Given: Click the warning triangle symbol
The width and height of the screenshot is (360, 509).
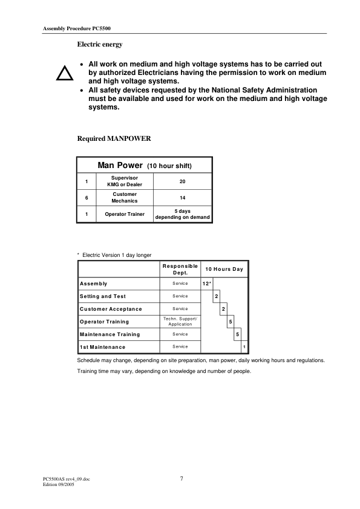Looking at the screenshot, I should (64, 73).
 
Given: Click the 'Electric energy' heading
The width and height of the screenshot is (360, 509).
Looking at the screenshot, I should (100, 44).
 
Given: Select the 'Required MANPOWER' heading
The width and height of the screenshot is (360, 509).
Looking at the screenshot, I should (114, 138).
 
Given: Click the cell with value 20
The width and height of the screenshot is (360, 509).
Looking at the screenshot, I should (182, 181).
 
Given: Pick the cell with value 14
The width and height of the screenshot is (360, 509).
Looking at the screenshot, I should (182, 198).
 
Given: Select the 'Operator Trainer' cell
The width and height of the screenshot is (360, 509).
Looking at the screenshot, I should (125, 214).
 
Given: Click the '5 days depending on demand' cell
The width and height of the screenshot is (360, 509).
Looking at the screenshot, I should (182, 214).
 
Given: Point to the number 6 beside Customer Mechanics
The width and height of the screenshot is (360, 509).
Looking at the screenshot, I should (87, 198).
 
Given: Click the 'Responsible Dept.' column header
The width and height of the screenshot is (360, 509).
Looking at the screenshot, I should (180, 269).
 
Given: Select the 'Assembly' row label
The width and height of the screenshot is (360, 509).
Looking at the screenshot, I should (94, 284).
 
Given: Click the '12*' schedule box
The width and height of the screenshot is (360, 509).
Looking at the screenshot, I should (206, 284).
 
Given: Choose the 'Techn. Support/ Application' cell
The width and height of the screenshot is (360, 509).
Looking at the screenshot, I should (180, 321).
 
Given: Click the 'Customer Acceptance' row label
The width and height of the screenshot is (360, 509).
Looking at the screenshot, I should (111, 309).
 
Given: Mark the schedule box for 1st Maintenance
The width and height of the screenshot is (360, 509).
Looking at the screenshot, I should (244, 347).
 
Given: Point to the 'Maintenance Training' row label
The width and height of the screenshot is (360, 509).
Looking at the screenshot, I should (110, 334).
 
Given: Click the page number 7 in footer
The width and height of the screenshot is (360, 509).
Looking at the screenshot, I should (181, 479).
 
